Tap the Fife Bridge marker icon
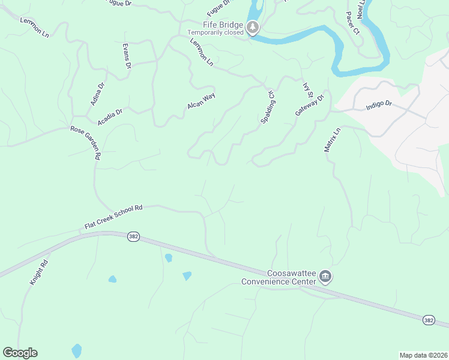253,27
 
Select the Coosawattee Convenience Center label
279,277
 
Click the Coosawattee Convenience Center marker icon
325,276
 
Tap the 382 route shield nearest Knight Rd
133,237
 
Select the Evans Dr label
127,56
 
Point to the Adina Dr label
97,94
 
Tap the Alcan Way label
201,100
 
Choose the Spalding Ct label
268,107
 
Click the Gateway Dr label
309,105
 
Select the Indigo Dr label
379,105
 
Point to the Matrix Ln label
332,139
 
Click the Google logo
20,353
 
